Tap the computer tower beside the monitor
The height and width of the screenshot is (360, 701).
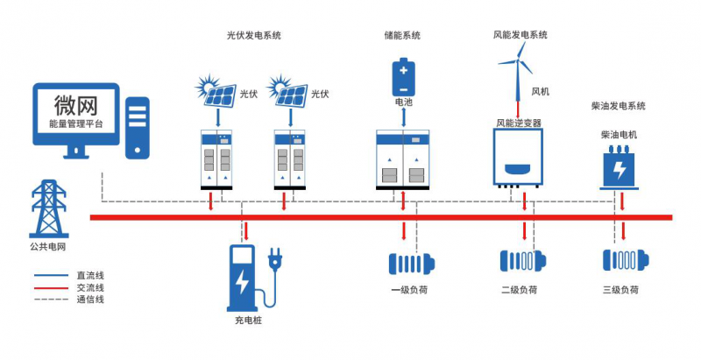137,128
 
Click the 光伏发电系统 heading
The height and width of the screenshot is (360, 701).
254,35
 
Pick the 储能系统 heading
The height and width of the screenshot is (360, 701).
402,35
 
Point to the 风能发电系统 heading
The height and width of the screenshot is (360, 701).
520,35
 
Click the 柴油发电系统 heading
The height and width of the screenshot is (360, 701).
619,106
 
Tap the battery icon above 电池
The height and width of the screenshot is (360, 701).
403,77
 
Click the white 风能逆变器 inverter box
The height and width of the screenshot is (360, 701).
517,157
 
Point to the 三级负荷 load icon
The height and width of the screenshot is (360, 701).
622,261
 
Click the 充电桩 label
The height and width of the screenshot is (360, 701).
248,321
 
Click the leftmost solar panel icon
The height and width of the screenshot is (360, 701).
216,90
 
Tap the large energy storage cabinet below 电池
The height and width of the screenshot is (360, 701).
403,159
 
